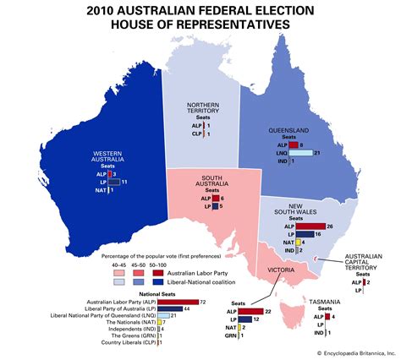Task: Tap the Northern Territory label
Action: pyautogui.click(x=204, y=112)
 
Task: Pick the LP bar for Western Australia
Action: pyautogui.click(x=113, y=183)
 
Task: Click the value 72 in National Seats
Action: pyautogui.click(x=203, y=302)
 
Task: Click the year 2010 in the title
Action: pyautogui.click(x=123, y=9)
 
